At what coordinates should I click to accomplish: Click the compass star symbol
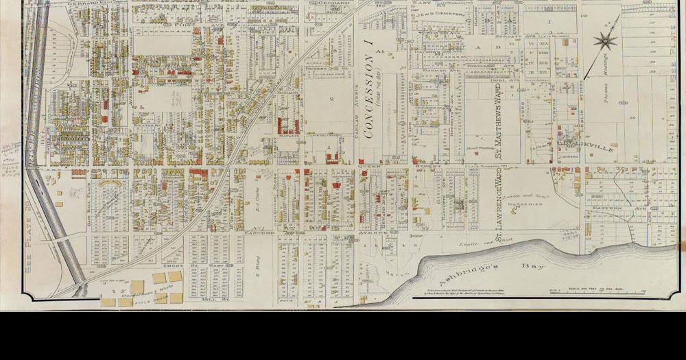pyautogui.click(x=603, y=40)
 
